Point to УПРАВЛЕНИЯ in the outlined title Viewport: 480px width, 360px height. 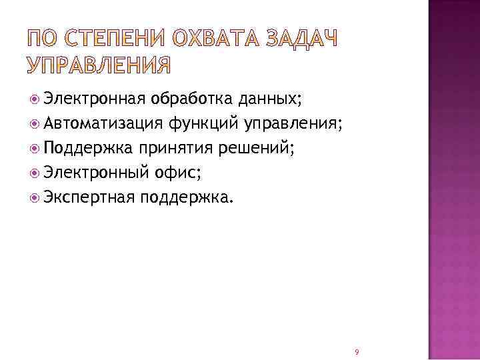coord(99,65)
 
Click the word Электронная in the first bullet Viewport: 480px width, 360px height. coord(94,100)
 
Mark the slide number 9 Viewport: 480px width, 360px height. coord(357,351)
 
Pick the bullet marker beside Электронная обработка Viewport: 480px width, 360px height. coord(35,100)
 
